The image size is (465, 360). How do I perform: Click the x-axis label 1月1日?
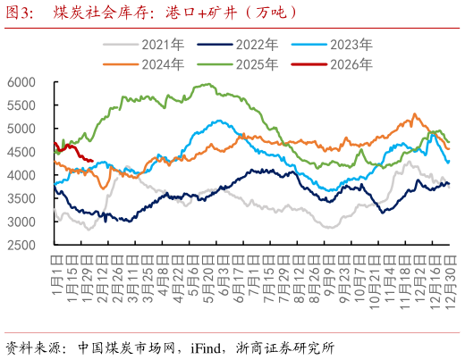[x=55, y=268]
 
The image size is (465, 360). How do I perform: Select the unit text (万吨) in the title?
[x=268, y=13]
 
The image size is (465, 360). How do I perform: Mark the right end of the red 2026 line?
[x=93, y=162]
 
